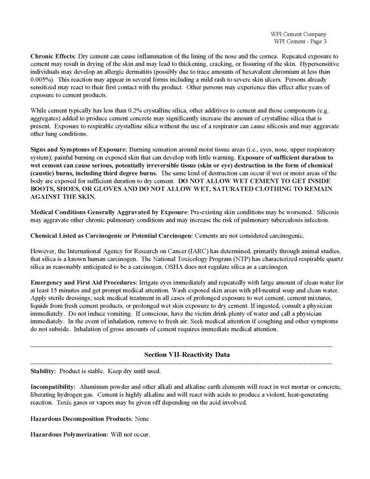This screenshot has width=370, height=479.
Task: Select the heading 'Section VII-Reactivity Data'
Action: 187,355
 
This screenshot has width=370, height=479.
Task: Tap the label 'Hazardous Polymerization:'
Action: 69,434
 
